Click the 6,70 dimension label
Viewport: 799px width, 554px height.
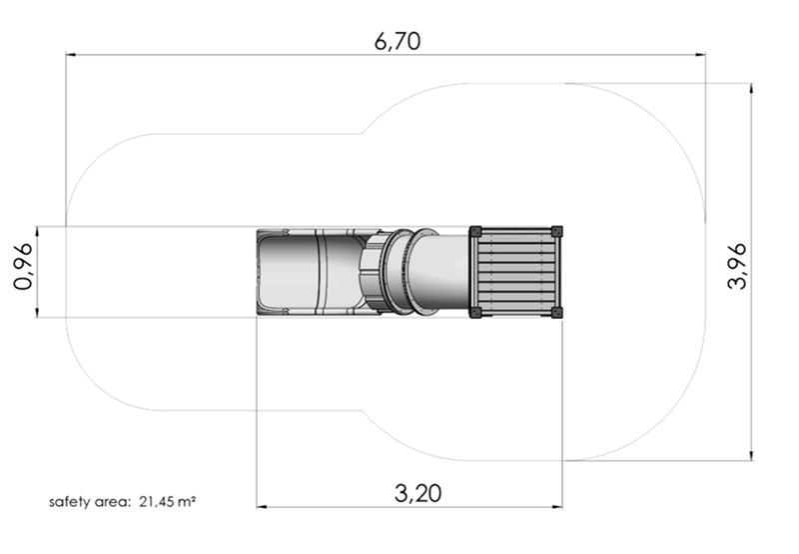pyautogui.click(x=398, y=41)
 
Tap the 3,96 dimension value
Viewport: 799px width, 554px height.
pyautogui.click(x=737, y=267)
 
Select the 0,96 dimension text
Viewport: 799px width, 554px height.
pyautogui.click(x=23, y=267)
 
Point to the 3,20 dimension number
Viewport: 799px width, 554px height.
pyautogui.click(x=417, y=493)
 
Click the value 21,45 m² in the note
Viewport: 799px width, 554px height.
pyautogui.click(x=168, y=502)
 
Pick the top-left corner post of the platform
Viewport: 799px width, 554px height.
pyautogui.click(x=475, y=232)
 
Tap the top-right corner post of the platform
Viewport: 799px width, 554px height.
pyautogui.click(x=557, y=232)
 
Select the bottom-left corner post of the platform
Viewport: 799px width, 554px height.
pyautogui.click(x=475, y=312)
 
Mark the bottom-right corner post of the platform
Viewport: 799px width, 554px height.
pyautogui.click(x=557, y=312)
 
